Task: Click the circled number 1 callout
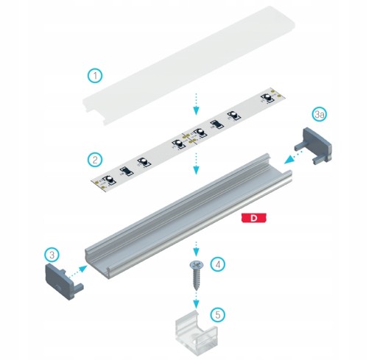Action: (x=95, y=76)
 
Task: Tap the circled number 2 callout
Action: (x=95, y=160)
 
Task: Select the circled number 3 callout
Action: (x=52, y=255)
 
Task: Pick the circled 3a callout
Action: (x=320, y=114)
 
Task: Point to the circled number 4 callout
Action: (x=218, y=264)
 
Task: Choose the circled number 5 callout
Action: (x=218, y=314)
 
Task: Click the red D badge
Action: (x=254, y=218)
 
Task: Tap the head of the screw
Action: (x=197, y=264)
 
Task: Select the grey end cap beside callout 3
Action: (x=61, y=281)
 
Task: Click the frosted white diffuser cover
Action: (x=188, y=65)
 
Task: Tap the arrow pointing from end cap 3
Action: (x=77, y=271)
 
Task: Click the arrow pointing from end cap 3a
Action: (x=293, y=157)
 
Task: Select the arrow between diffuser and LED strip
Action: (x=196, y=104)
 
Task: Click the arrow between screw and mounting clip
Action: (x=196, y=300)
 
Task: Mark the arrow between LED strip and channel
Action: (x=196, y=163)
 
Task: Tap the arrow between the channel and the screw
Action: (x=196, y=249)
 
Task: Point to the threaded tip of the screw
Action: (x=197, y=289)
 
